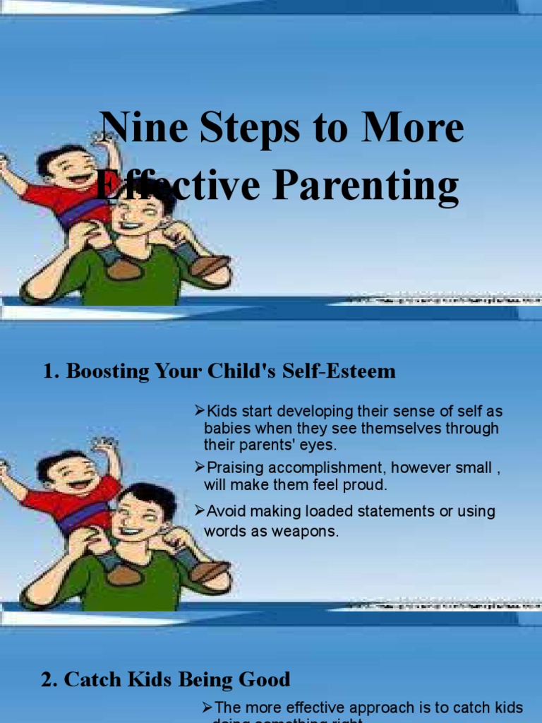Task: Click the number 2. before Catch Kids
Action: (49, 680)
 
